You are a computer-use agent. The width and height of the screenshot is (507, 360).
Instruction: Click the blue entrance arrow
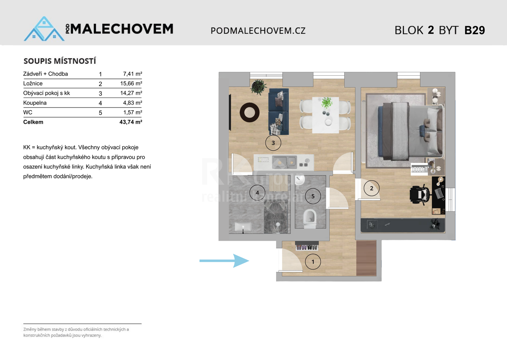(x=224, y=261)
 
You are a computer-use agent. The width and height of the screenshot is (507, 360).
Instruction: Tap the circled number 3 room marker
(x=273, y=143)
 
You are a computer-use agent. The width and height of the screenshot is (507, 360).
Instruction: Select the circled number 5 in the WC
(x=313, y=196)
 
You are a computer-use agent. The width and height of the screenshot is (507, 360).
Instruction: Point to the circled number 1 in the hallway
(x=313, y=262)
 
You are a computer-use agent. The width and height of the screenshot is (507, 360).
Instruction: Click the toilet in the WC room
(x=310, y=218)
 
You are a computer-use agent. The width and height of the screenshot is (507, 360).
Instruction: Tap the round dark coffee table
(x=250, y=112)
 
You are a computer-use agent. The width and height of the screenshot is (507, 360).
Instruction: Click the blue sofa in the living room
(x=278, y=112)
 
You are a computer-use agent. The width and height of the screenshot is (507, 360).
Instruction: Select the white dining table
(x=326, y=115)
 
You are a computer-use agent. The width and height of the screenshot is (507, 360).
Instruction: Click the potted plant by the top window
(x=258, y=87)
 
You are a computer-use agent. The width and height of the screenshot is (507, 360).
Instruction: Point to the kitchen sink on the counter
(x=284, y=162)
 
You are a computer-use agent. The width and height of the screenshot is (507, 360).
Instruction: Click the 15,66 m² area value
(x=131, y=84)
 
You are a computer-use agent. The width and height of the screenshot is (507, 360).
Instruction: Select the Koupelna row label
(x=35, y=103)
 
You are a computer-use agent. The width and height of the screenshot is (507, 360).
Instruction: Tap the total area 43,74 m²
(x=131, y=122)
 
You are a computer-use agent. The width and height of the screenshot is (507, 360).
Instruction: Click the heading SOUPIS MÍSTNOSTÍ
(x=60, y=61)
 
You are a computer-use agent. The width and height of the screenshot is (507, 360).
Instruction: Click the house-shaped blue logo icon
(x=44, y=29)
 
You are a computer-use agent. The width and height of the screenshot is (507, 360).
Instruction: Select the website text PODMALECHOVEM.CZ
(x=258, y=31)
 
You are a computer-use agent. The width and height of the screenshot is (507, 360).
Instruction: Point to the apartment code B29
(x=475, y=30)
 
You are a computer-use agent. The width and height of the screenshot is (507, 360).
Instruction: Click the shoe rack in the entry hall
(x=307, y=246)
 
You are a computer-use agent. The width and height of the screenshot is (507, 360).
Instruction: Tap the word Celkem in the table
(x=33, y=122)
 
